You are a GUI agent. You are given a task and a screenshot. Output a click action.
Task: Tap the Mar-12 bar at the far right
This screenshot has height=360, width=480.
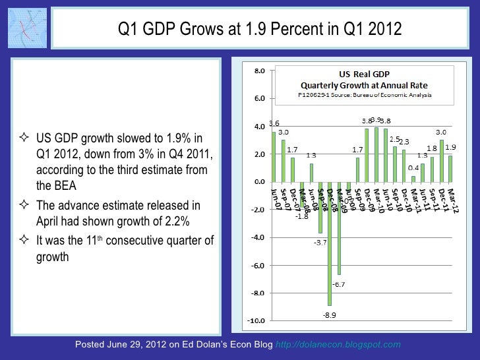coord(450,168)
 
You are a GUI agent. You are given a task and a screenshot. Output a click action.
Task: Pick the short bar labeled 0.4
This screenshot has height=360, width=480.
coord(413,179)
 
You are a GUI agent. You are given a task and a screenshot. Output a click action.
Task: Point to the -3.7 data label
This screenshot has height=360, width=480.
coord(320,242)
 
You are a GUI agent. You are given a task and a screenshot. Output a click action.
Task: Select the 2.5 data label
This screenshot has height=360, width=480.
coord(395,138)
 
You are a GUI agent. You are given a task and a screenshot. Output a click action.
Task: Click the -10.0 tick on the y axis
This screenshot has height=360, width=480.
coord(258,321)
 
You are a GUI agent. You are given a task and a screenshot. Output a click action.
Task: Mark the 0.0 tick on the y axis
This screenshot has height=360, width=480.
coord(260,182)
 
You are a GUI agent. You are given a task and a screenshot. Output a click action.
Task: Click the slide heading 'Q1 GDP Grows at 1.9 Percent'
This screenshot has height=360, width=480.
coord(259,30)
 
